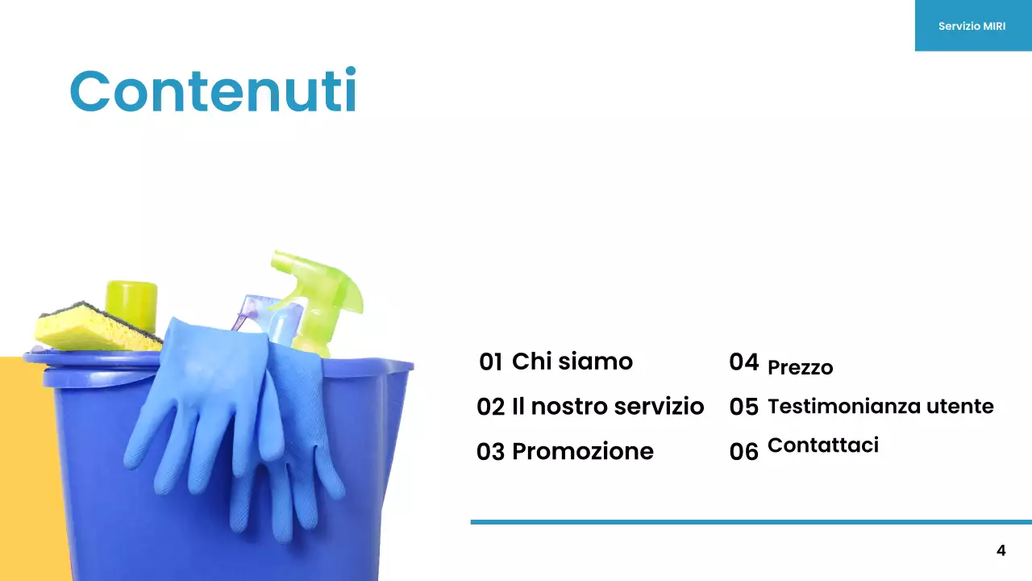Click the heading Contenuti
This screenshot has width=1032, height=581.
(x=213, y=90)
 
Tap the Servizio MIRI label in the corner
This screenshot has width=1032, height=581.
(x=972, y=26)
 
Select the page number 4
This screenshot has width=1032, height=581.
(x=1001, y=551)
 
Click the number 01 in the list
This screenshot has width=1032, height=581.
(x=490, y=362)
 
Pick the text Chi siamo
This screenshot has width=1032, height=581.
(x=572, y=361)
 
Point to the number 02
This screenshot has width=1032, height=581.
(x=490, y=407)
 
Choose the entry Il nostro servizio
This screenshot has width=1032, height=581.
(x=608, y=406)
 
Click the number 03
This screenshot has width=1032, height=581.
(x=490, y=452)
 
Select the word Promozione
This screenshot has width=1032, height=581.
(x=583, y=451)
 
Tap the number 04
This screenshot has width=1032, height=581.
(x=743, y=362)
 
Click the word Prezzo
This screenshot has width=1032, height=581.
(x=800, y=368)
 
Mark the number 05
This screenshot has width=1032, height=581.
(x=743, y=408)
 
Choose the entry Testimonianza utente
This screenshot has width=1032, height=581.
(x=880, y=406)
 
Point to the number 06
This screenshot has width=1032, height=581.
(x=743, y=452)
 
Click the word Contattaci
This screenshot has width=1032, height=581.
(x=823, y=445)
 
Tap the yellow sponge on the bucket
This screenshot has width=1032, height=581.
(x=89, y=329)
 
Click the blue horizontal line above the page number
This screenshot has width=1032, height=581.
(x=750, y=522)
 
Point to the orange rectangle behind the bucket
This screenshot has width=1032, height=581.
(x=24, y=468)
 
